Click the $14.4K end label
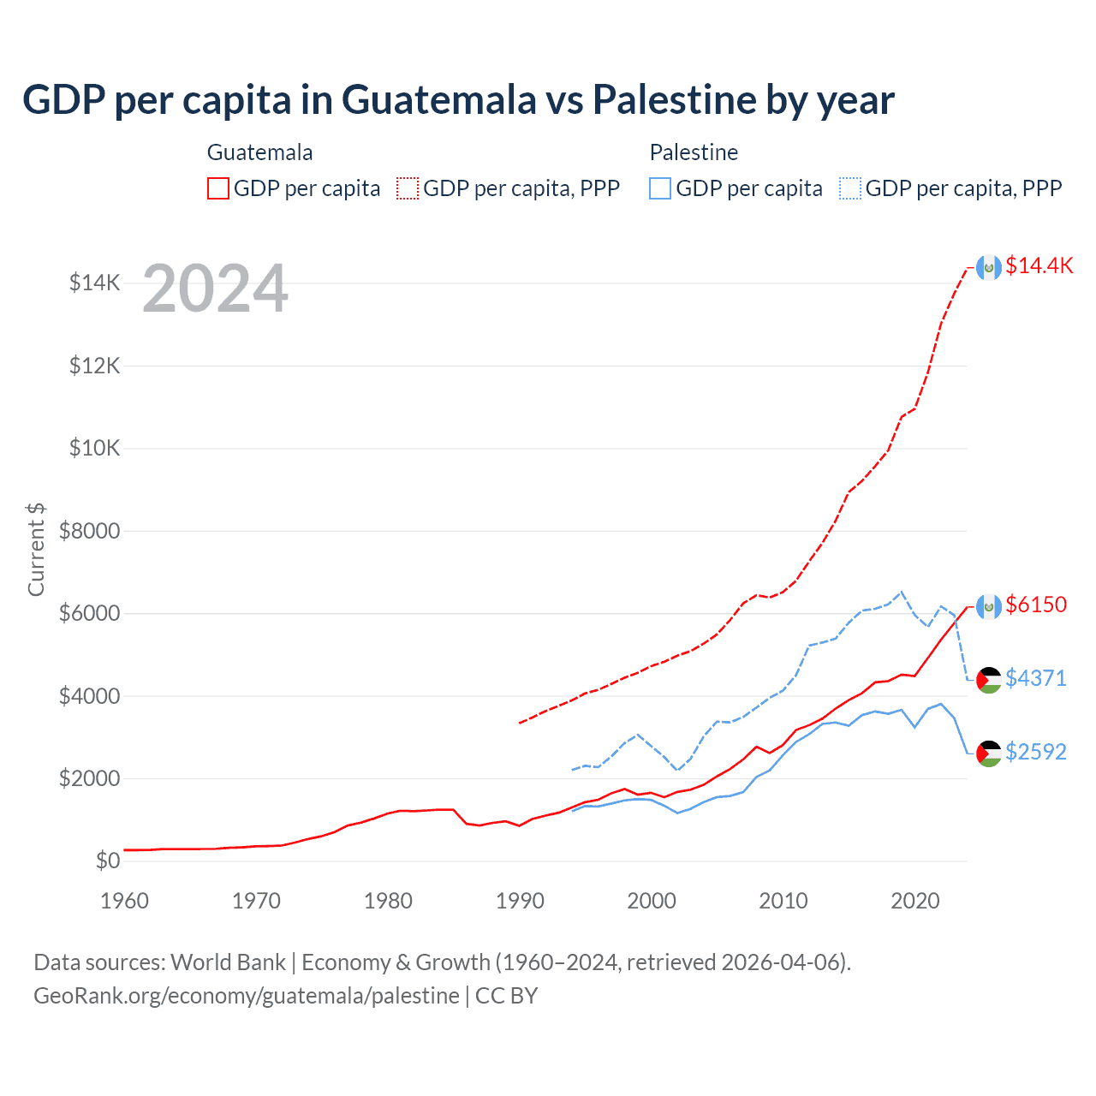[1039, 265]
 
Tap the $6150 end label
[1036, 605]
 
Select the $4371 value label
[1036, 678]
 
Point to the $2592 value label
[1036, 752]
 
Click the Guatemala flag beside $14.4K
[989, 267]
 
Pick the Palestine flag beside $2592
[989, 753]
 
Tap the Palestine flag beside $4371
[989, 680]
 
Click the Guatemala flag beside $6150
[989, 606]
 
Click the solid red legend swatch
[218, 188]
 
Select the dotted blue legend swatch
[850, 188]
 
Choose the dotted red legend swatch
[408, 188]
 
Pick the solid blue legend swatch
[660, 188]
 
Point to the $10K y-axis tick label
[94, 449]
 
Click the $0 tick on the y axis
[107, 861]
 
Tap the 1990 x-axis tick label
[520, 901]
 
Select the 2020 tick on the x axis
[915, 901]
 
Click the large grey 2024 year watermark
[215, 289]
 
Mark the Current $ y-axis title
[36, 550]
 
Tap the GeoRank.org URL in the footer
[247, 996]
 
